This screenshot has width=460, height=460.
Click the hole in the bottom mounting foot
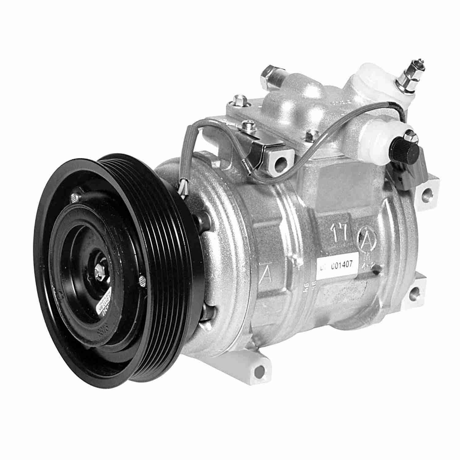(x=260, y=367)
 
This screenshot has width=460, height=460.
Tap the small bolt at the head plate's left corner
(x=236, y=100)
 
